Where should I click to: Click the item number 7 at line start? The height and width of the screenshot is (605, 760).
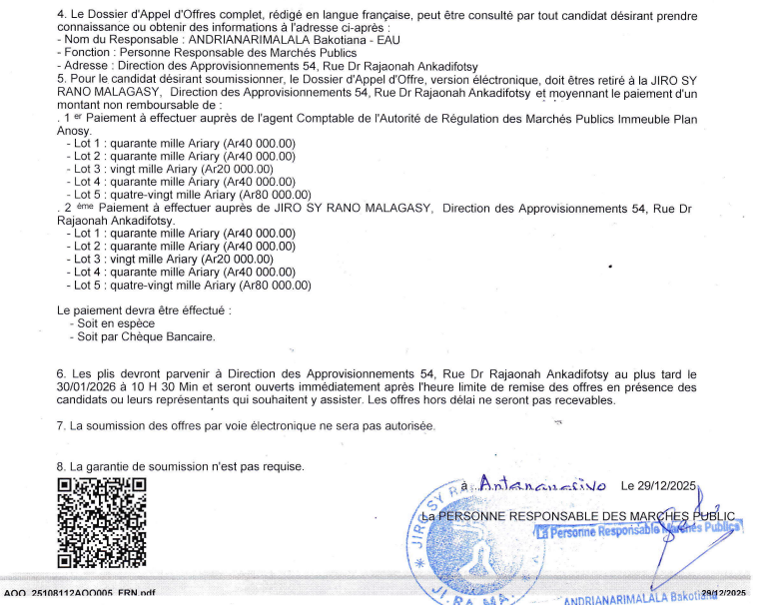[x=61, y=426]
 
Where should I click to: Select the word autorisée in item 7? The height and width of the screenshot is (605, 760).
[x=407, y=426]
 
